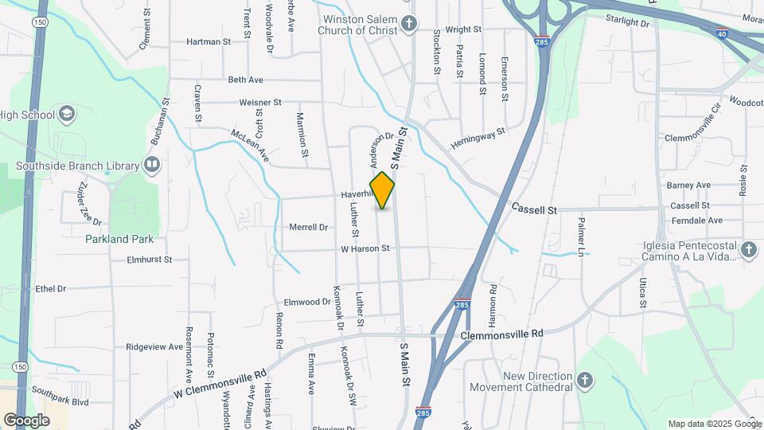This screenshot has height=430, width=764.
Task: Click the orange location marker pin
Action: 382,190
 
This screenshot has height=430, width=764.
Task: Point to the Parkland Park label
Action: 119,238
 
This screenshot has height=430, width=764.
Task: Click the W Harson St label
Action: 364,248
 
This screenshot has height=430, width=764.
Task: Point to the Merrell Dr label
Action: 309,227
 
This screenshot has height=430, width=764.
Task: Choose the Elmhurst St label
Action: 149,260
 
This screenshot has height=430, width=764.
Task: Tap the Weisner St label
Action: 260,103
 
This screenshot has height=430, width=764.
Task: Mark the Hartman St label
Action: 208,41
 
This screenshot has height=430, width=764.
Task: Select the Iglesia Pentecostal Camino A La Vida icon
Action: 748,250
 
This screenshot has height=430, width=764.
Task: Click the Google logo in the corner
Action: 26,420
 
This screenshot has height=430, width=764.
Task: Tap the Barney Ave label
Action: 688,185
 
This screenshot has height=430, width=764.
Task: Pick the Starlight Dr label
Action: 627,24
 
